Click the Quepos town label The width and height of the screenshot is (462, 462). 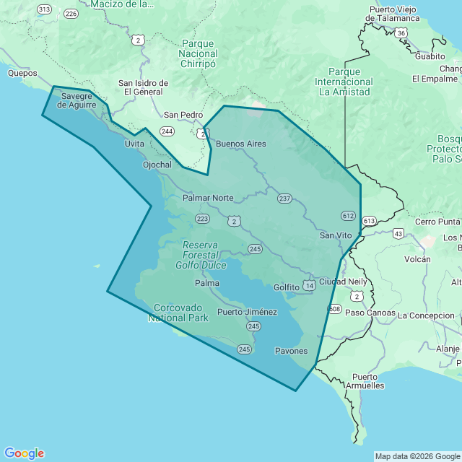click(x=22, y=73)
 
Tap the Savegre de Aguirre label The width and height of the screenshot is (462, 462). click(x=77, y=100)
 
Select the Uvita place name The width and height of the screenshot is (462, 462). click(x=134, y=144)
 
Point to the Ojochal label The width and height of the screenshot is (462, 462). click(x=157, y=165)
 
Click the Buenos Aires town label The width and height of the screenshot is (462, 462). click(x=241, y=144)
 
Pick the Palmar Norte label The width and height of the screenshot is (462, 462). click(x=208, y=197)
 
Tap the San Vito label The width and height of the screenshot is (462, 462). click(x=336, y=235)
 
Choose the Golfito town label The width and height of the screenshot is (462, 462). click(x=287, y=287)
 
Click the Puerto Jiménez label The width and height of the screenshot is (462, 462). click(x=247, y=312)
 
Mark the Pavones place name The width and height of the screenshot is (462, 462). click(x=292, y=351)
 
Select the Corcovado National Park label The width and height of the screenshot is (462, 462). click(x=178, y=313)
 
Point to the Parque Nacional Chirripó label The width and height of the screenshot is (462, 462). click(x=198, y=53)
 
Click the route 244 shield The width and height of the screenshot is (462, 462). click(x=167, y=131)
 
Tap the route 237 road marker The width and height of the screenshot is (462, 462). click(x=284, y=199)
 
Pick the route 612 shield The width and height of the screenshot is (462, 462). click(x=348, y=215)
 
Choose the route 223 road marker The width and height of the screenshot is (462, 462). click(x=202, y=218)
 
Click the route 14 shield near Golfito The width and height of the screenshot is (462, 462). click(x=310, y=287)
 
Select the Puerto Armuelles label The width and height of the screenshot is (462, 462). click(x=368, y=381)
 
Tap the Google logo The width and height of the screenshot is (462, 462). click(x=24, y=453)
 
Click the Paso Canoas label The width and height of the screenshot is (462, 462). click(x=370, y=313)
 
